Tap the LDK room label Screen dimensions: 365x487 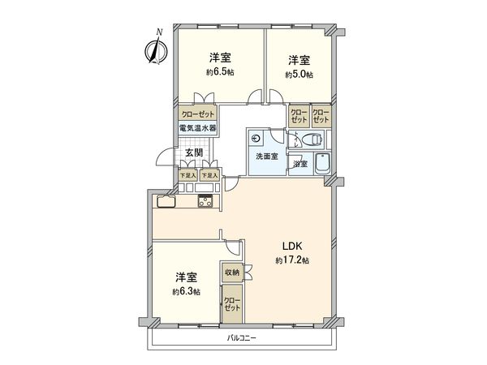[x=292, y=246]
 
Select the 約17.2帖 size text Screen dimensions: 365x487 [x=292, y=260]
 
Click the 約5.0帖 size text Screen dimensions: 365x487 [x=299, y=75]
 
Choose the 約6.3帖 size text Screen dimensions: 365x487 [x=185, y=291]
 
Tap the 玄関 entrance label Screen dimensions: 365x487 [x=193, y=152]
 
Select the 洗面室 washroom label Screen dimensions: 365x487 [x=266, y=156]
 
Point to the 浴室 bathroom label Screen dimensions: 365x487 [x=300, y=165]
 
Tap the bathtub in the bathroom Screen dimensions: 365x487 [x=320, y=161]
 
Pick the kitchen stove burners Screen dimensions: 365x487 [x=204, y=202]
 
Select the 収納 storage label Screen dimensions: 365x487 [x=231, y=273]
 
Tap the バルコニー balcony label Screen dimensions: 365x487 [x=241, y=338]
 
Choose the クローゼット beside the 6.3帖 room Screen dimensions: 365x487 [x=232, y=307]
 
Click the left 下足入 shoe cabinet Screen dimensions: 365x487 [x=188, y=174]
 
